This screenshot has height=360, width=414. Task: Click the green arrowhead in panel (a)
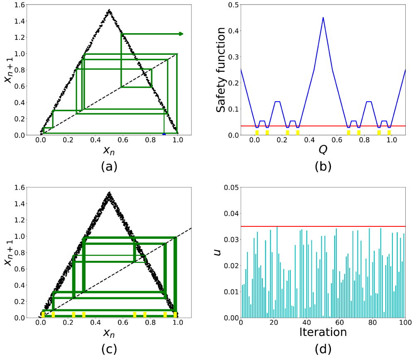pyautogui.click(x=181, y=34)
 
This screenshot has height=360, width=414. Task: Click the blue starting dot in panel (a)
pyautogui.click(x=164, y=134)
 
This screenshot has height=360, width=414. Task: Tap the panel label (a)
pyautogui.click(x=109, y=166)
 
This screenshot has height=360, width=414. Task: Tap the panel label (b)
pyautogui.click(x=323, y=166)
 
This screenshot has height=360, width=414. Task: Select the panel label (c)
pyautogui.click(x=109, y=349)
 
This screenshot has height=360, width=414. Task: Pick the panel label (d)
pyautogui.click(x=323, y=349)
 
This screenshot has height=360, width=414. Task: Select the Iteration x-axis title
pyautogui.click(x=323, y=332)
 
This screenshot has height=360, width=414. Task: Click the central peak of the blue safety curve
pyautogui.click(x=323, y=17)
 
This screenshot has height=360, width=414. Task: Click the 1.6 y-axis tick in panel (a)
pyautogui.click(x=20, y=5)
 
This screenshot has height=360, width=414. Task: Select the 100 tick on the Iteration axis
pyautogui.click(x=405, y=323)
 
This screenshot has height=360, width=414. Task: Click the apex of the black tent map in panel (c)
pyautogui.click(x=109, y=193)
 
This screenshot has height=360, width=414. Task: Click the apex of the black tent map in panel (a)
pyautogui.click(x=109, y=10)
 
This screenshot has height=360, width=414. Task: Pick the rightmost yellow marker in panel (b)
pyautogui.click(x=389, y=133)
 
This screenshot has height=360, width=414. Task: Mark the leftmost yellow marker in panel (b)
pyautogui.click(x=257, y=133)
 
